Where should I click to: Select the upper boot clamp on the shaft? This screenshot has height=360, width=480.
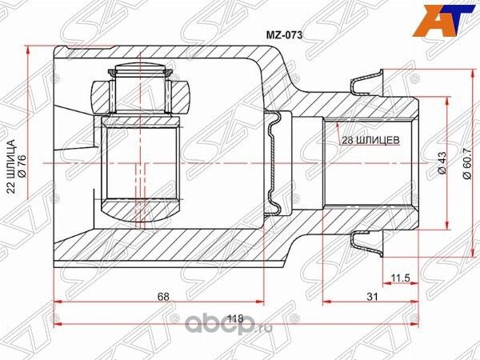click(366, 83)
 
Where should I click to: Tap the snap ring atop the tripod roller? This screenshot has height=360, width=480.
click(141, 73)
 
